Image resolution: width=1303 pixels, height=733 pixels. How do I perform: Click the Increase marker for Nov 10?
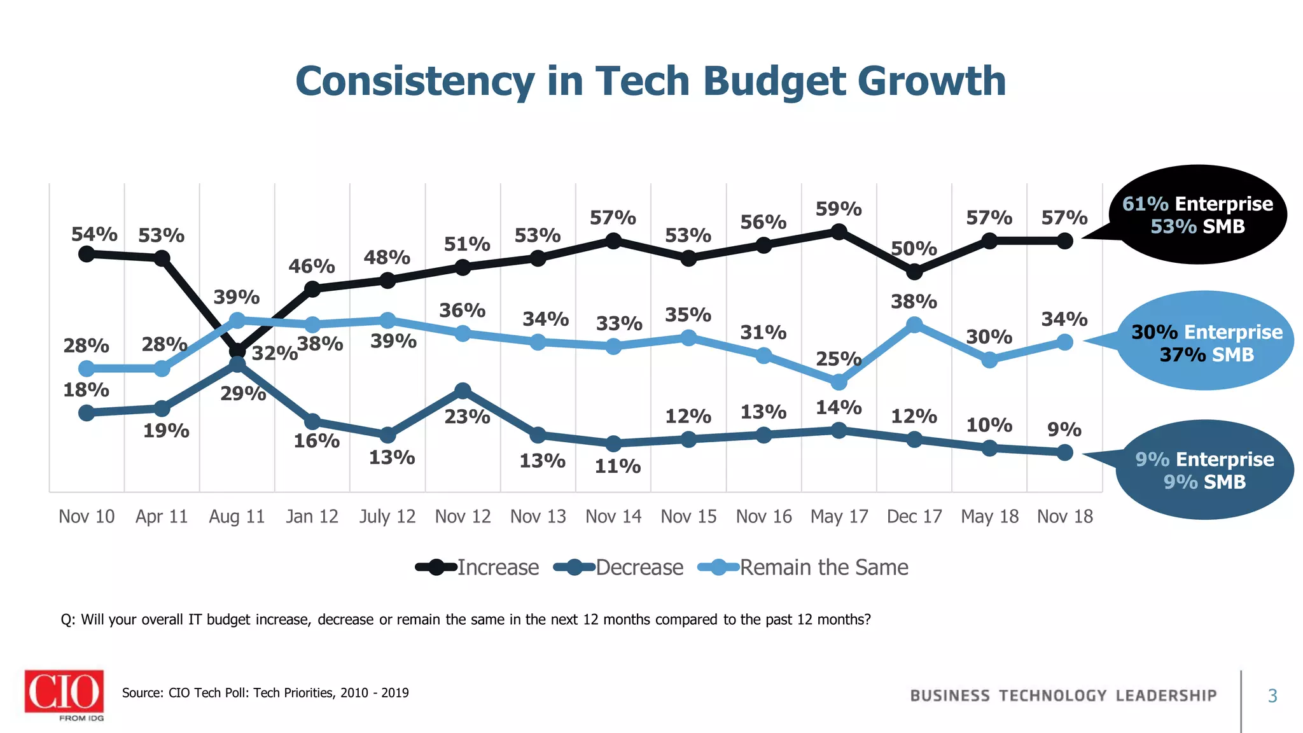(87, 254)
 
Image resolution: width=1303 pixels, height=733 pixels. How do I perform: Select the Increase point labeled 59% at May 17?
(839, 232)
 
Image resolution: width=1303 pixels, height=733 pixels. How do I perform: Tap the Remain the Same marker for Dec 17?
(914, 325)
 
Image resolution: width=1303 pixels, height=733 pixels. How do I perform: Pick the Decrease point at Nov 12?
(463, 390)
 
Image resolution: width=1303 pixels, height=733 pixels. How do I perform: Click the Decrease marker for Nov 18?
(1065, 452)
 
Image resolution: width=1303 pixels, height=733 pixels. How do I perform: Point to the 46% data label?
(312, 266)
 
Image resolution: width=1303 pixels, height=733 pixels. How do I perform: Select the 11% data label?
(617, 466)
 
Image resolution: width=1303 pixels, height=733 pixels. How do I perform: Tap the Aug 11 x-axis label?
(237, 516)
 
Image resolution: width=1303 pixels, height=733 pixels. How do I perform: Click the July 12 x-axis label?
(387, 516)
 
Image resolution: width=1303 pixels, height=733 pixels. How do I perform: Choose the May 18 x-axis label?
(989, 516)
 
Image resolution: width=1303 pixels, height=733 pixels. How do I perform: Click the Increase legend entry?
(478, 567)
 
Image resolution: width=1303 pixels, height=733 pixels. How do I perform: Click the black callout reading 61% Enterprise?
(1197, 214)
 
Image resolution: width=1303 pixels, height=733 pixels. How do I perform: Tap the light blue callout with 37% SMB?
(1206, 342)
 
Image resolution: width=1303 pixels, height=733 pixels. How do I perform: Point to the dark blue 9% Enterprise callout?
(1204, 470)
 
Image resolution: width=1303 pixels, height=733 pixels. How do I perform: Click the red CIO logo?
(64, 692)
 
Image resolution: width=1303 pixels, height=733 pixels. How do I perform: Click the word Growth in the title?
(931, 81)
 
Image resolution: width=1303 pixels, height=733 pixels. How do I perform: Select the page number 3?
(1272, 696)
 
